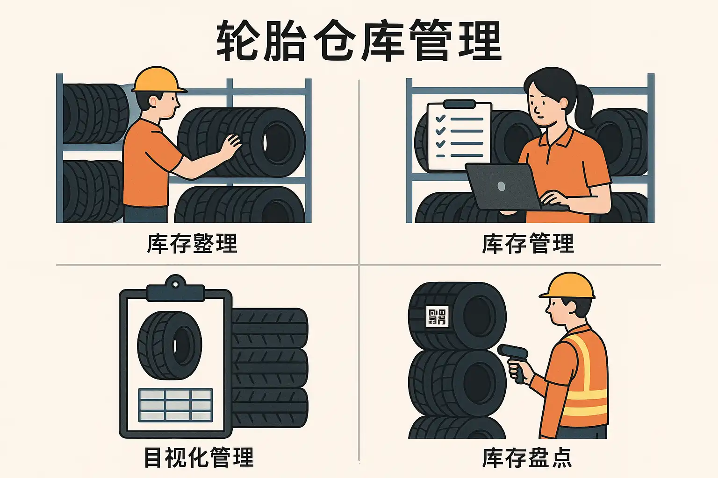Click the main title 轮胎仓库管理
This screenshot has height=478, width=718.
[x=359, y=41]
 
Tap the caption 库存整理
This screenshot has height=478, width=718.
[x=192, y=244]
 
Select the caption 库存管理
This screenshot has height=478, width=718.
[x=528, y=244]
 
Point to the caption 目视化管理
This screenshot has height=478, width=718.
[x=199, y=457]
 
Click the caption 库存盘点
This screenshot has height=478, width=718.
[x=527, y=457]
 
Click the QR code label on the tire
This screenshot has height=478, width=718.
[x=437, y=316]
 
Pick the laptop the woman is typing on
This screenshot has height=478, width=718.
[x=510, y=187]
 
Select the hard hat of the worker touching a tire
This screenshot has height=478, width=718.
[x=159, y=79]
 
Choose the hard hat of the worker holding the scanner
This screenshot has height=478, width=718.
[x=567, y=286]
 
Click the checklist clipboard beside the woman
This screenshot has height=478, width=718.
[x=459, y=136]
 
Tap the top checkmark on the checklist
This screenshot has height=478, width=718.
[x=440, y=119]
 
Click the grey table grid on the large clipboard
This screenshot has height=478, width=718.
[x=175, y=405]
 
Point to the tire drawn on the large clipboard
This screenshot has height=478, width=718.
[x=170, y=345]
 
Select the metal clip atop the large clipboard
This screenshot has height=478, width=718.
[x=175, y=289]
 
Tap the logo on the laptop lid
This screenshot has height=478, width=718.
[x=502, y=186]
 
